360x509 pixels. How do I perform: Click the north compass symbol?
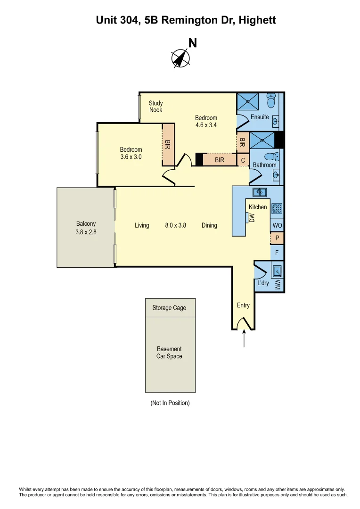[x=180, y=58]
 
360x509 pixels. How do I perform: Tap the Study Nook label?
[x=155, y=107]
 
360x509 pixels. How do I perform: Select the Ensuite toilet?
[x=271, y=100]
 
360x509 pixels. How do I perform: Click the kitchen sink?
[x=259, y=192]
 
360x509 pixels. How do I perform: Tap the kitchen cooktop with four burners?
[x=277, y=208]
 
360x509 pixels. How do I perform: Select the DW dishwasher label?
[x=252, y=217]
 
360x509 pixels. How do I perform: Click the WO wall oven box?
[x=277, y=226]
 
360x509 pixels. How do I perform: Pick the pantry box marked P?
[x=277, y=238]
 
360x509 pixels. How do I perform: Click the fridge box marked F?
[x=277, y=253]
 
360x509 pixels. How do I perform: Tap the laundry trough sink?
[x=278, y=271]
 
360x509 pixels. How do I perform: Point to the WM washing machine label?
[x=278, y=284]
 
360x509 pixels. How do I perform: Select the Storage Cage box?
[x=170, y=308]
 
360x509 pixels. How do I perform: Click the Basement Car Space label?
[x=170, y=353]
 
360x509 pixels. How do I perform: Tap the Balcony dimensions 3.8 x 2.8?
[x=86, y=232]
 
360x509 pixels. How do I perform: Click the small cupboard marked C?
[x=243, y=160]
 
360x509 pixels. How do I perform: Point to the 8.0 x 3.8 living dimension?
[x=175, y=225]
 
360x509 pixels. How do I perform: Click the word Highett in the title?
[x=257, y=20]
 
